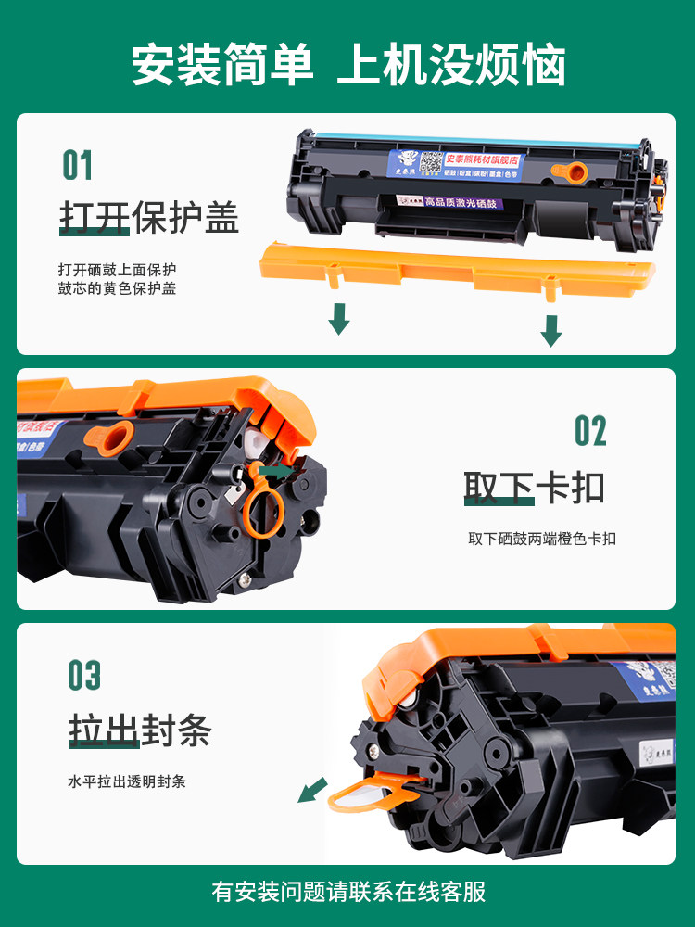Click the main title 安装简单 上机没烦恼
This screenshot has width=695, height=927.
347,65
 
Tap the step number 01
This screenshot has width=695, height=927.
78,166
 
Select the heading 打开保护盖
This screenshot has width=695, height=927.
149,219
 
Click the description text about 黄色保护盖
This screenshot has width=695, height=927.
117,279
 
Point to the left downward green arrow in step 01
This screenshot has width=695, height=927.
339,318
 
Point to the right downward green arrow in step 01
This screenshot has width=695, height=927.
551,329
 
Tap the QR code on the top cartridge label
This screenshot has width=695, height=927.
431,162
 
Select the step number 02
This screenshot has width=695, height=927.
590,431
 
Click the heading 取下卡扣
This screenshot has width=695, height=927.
535,488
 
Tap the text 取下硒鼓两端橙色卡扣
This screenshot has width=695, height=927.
542,539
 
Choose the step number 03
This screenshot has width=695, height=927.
83,675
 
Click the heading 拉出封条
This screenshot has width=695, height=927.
140,731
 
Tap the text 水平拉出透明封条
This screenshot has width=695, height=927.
127,781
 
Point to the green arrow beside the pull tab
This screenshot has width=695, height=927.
312,790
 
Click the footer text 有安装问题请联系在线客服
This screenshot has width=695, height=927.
347,892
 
